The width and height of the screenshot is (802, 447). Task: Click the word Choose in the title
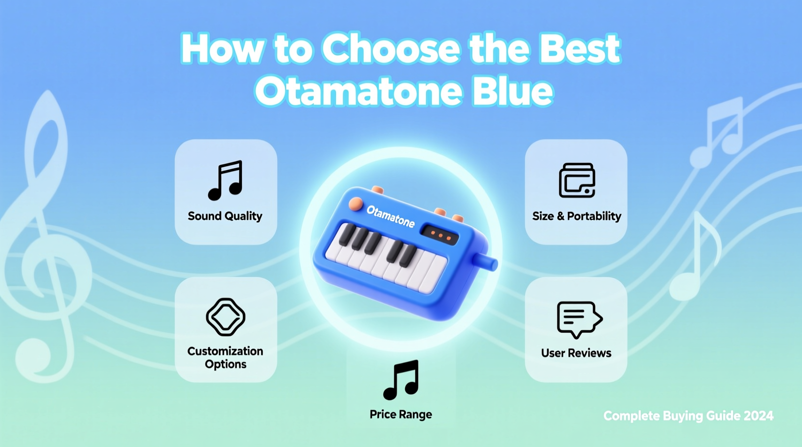[x=391, y=49]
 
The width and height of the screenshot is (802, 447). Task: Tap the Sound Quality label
[x=225, y=216]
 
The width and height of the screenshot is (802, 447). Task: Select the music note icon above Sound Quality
[x=226, y=180]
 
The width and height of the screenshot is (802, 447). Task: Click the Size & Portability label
[x=576, y=216]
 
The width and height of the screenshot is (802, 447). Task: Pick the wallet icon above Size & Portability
[x=577, y=180]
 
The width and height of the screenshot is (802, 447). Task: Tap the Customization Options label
[x=225, y=357]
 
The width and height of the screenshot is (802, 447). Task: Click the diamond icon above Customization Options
[x=226, y=317]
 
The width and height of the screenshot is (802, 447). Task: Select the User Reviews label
[x=576, y=353]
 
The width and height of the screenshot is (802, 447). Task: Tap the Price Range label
[x=401, y=414]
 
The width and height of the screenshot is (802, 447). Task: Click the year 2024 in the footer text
[x=758, y=416]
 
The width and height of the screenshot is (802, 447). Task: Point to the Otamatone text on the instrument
[x=390, y=216]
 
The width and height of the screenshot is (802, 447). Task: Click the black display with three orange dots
[x=440, y=235]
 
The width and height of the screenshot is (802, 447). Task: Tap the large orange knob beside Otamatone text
[x=356, y=204]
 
